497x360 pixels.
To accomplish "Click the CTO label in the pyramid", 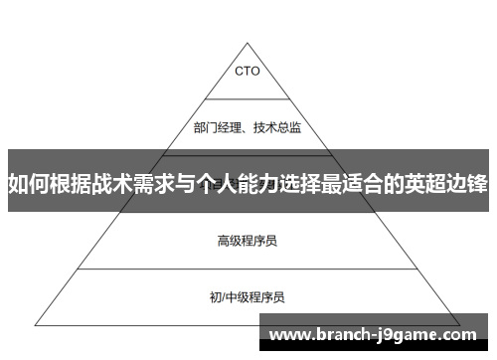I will [248, 71].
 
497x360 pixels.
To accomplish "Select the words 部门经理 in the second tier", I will [217, 126].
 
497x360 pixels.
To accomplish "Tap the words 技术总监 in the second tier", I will [279, 126].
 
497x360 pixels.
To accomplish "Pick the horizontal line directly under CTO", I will [248, 98].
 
